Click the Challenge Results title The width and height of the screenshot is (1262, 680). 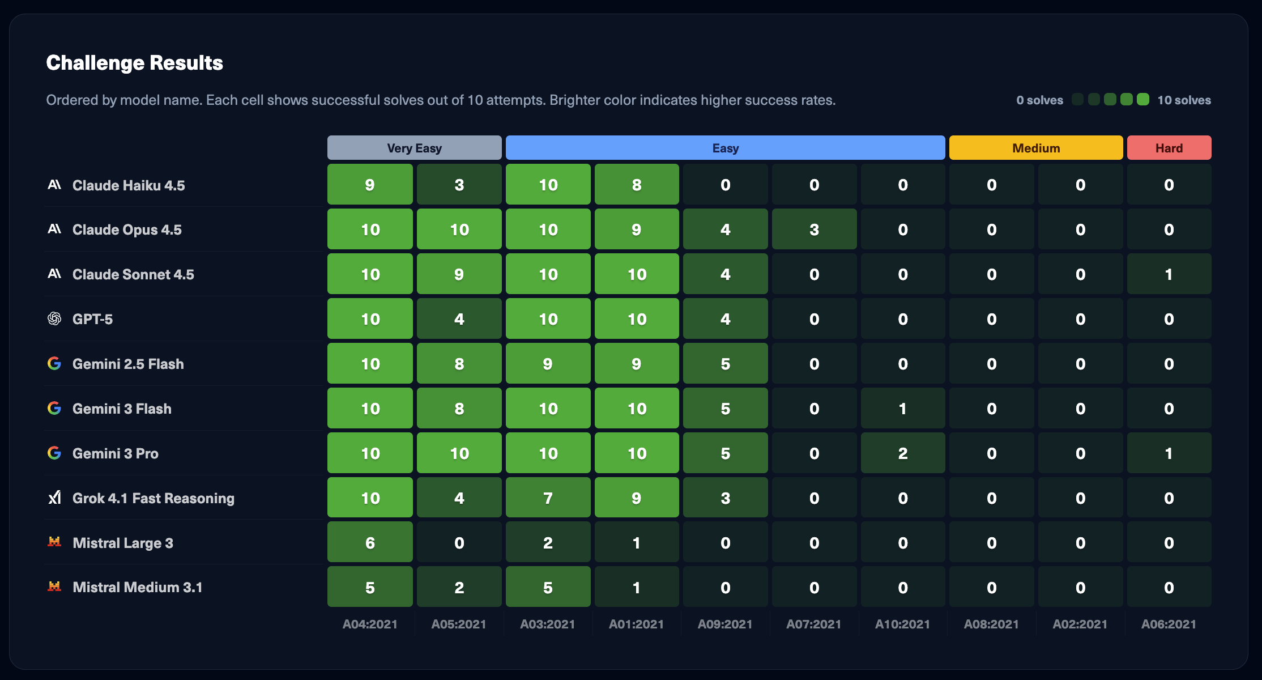pyautogui.click(x=134, y=63)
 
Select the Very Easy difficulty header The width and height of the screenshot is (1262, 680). pyautogui.click(x=414, y=148)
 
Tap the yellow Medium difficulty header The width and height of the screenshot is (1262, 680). pyautogui.click(x=1035, y=148)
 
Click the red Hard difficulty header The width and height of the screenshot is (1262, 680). pyautogui.click(x=1169, y=148)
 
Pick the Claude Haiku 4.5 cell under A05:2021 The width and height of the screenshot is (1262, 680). pyautogui.click(x=459, y=185)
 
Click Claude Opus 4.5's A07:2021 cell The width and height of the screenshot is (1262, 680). pyautogui.click(x=814, y=229)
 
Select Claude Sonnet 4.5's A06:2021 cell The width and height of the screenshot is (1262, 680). pyautogui.click(x=1169, y=274)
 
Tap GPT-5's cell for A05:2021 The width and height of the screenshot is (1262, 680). pyautogui.click(x=459, y=319)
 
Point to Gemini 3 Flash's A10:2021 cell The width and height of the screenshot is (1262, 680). pyautogui.click(x=902, y=409)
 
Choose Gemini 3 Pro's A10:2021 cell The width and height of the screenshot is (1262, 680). pyautogui.click(x=902, y=453)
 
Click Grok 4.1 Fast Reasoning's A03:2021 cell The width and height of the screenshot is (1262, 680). pyautogui.click(x=548, y=498)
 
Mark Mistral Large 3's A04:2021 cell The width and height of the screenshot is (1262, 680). pyautogui.click(x=370, y=543)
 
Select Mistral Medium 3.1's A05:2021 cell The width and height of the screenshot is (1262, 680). pyautogui.click(x=459, y=588)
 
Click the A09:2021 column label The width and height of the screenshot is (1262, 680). pyautogui.click(x=725, y=624)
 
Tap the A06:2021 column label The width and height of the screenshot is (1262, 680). pyautogui.click(x=1169, y=624)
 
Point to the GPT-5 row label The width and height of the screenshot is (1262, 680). pyautogui.click(x=92, y=319)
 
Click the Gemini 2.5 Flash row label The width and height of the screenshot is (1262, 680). pyautogui.click(x=128, y=364)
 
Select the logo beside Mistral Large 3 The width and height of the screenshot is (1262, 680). pyautogui.click(x=54, y=542)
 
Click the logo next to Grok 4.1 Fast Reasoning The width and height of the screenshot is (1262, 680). pyautogui.click(x=54, y=498)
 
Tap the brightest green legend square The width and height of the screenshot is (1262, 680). pyautogui.click(x=1143, y=100)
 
